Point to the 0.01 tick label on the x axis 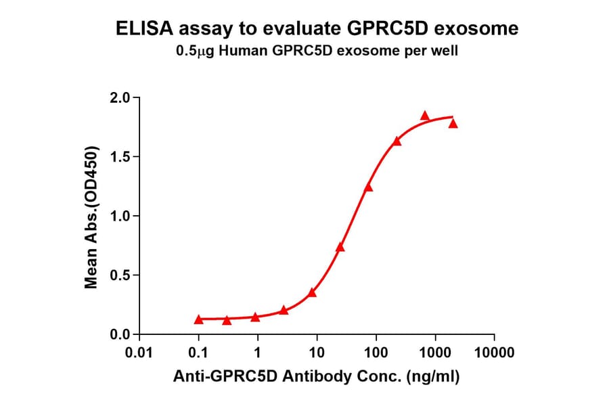click(139, 353)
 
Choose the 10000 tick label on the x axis click(494, 353)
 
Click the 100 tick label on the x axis click(376, 353)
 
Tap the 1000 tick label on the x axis click(434, 353)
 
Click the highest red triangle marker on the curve click(425, 116)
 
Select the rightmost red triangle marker click(453, 123)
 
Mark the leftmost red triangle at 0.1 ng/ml click(198, 319)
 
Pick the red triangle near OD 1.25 click(368, 187)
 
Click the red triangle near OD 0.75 click(340, 247)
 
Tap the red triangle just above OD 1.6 click(397, 141)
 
